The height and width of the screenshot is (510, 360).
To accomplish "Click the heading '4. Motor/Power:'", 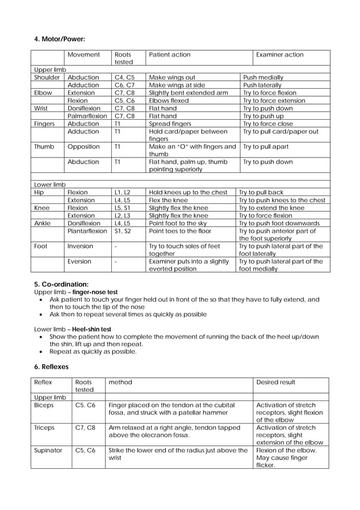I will point(60,39).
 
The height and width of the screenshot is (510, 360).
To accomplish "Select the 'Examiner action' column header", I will point(279,55).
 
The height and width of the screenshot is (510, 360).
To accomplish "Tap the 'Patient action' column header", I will point(169,55).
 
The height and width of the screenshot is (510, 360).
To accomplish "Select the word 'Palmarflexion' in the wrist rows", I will point(87,116).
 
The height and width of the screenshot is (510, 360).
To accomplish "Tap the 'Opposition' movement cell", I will point(84,147).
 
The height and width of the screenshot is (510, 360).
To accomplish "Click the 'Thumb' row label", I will point(44,147).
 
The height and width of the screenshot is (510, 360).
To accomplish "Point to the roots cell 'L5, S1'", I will point(122,208).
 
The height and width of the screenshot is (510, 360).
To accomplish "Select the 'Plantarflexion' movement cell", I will point(87,231).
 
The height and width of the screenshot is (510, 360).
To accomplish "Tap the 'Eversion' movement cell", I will point(80,261).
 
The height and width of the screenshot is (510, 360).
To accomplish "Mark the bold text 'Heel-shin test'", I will point(91,329).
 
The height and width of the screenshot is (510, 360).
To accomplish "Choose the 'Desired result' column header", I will point(275,382).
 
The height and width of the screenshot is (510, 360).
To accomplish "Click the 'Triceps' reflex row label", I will point(45,428).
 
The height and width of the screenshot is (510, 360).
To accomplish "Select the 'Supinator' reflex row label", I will point(48,451).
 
